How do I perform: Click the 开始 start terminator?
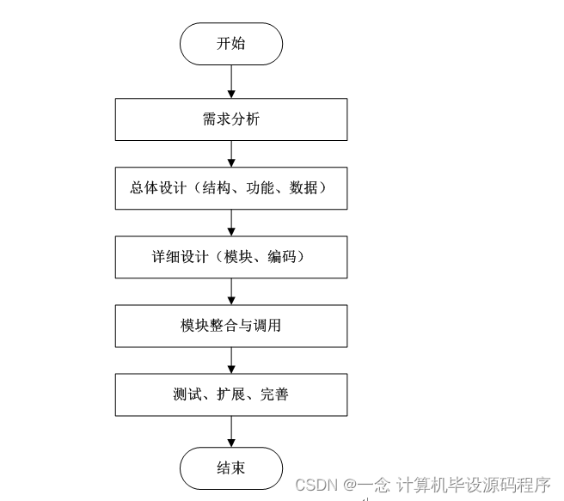click(x=231, y=44)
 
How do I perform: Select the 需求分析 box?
click(x=231, y=119)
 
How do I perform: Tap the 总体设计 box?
click(x=231, y=188)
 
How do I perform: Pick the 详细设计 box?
click(x=231, y=257)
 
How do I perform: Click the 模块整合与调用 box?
click(x=231, y=326)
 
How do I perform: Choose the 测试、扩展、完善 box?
click(x=231, y=394)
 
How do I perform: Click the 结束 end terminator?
click(x=231, y=468)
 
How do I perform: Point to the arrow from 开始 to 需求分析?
click(x=231, y=82)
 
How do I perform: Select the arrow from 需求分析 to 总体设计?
click(x=231, y=154)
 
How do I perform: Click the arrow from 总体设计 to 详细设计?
click(x=231, y=223)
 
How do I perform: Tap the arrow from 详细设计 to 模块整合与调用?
click(x=231, y=291)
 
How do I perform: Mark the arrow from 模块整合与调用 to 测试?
click(x=231, y=360)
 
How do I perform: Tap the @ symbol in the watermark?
click(x=352, y=486)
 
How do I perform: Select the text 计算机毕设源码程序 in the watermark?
click(x=472, y=486)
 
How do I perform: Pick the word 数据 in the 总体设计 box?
click(x=303, y=188)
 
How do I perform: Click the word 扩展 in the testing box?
click(x=230, y=394)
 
